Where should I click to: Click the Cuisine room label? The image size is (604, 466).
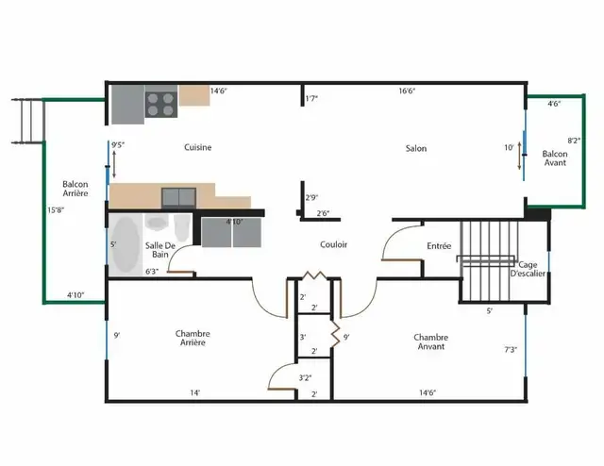pyautogui.click(x=197, y=147)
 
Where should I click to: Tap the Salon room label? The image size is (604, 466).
pyautogui.click(x=415, y=148)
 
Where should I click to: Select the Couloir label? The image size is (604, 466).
pyautogui.click(x=333, y=244)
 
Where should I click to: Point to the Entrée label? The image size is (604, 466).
pyautogui.click(x=439, y=246)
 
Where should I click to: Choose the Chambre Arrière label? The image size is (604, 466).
pyautogui.click(x=193, y=338)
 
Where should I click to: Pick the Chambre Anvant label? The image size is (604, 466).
pyautogui.click(x=429, y=341)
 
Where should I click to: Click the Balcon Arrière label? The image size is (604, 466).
pyautogui.click(x=75, y=188)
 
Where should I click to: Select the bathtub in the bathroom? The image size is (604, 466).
pyautogui.click(x=125, y=244)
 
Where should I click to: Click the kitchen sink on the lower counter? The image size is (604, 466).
pyautogui.click(x=177, y=196)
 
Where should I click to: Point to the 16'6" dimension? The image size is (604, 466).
pyautogui.click(x=408, y=92)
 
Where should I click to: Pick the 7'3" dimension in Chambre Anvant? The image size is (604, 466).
pyautogui.click(x=510, y=350)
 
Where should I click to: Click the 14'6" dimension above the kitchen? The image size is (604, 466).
pyautogui.click(x=218, y=91)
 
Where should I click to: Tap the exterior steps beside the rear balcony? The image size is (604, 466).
pyautogui.click(x=29, y=118)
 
